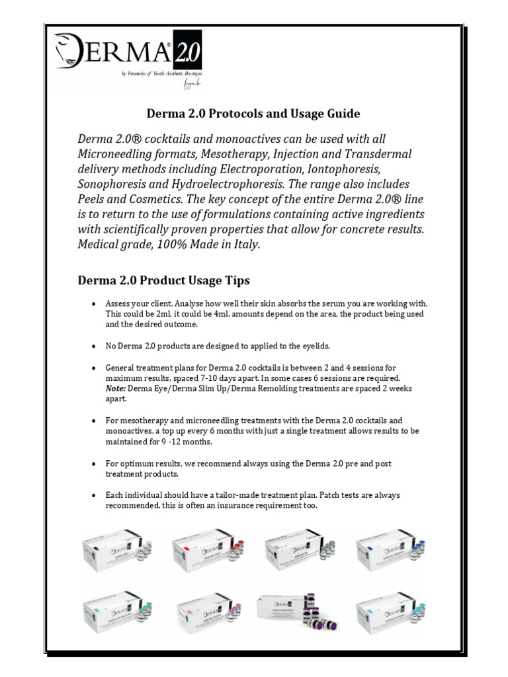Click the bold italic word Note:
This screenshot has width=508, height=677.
[117, 388]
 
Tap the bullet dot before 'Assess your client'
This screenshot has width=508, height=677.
[95, 303]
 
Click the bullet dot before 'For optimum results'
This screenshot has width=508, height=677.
[95, 463]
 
